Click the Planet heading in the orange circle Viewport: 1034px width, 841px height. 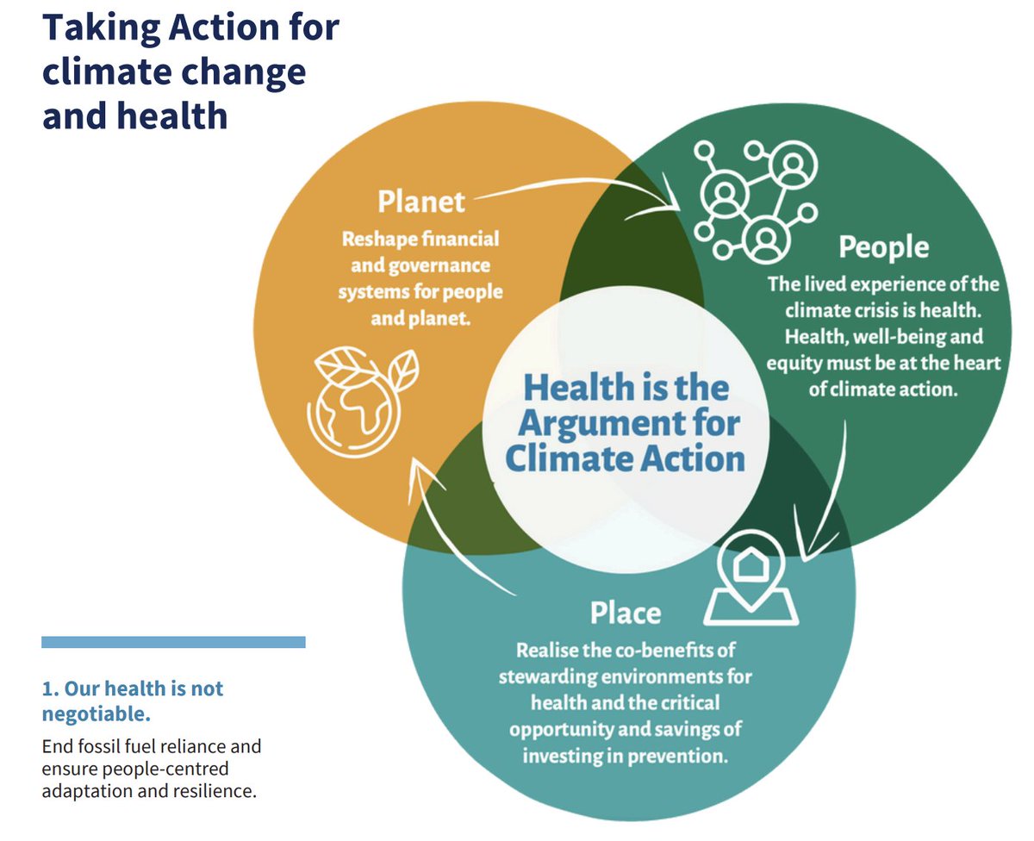pyautogui.click(x=421, y=202)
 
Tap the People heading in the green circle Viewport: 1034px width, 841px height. pyautogui.click(x=884, y=248)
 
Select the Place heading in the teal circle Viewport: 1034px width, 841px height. pyautogui.click(x=626, y=614)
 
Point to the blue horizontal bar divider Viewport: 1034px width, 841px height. pyautogui.click(x=173, y=642)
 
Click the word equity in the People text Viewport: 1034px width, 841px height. pyautogui.click(x=794, y=363)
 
